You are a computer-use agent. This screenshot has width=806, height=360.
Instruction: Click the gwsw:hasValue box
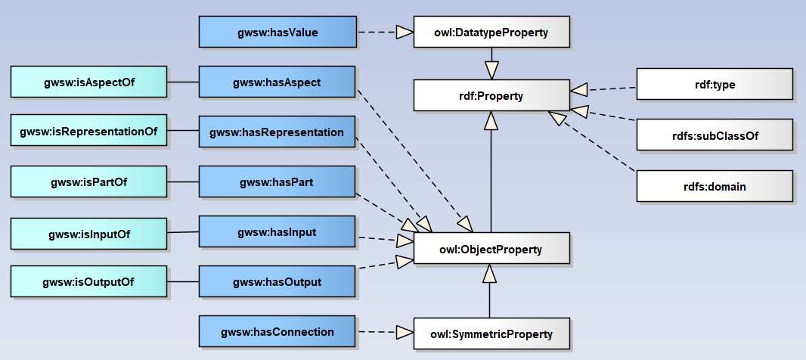[277, 33]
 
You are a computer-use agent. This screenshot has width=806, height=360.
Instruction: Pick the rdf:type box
[714, 84]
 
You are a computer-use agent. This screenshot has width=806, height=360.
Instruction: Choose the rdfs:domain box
[714, 186]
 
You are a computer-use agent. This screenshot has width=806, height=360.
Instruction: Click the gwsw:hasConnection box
[277, 332]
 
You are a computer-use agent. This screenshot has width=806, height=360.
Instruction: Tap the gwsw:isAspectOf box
[88, 82]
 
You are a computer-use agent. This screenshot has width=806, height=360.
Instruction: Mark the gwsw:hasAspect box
[277, 82]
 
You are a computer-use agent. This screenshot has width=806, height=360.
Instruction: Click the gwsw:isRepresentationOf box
[88, 131]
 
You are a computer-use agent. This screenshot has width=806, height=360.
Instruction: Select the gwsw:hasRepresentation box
[277, 132]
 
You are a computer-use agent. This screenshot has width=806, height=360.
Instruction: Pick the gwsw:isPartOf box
[88, 182]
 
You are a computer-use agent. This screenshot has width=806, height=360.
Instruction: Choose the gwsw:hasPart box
[277, 182]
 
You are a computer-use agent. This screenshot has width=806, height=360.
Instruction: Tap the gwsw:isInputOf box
[88, 234]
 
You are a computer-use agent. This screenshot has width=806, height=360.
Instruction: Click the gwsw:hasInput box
[277, 231]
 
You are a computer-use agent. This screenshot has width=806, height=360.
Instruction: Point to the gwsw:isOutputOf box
[88, 282]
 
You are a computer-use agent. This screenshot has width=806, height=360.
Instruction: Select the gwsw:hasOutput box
[277, 282]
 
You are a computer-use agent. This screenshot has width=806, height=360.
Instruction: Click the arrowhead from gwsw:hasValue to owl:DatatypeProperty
[405, 33]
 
